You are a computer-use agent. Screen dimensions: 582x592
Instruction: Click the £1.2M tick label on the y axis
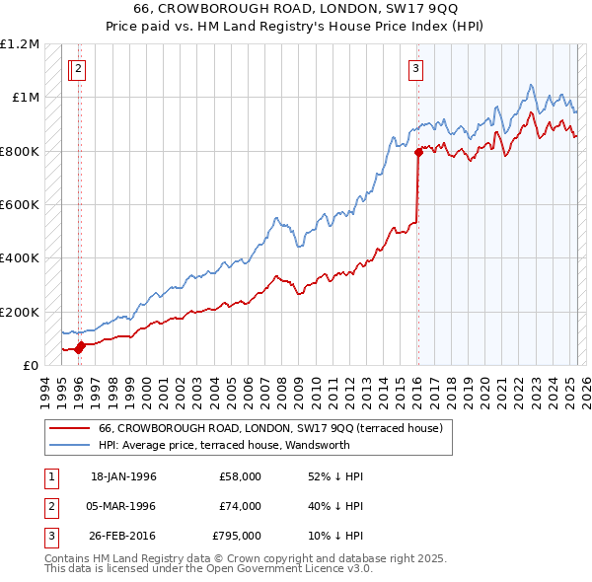point(20,44)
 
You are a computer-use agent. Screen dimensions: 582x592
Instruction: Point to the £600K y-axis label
point(20,204)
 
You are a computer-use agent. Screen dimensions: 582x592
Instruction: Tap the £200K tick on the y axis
point(20,312)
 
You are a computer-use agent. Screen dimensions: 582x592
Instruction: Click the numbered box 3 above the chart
point(417,69)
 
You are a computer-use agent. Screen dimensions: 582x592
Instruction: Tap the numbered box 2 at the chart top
point(79,69)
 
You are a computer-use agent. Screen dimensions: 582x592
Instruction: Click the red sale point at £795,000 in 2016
point(418,152)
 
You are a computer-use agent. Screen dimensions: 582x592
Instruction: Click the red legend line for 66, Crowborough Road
point(71,429)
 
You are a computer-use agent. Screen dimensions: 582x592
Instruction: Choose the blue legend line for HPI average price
point(71,445)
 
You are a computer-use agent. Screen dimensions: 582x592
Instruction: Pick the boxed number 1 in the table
point(49,476)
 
